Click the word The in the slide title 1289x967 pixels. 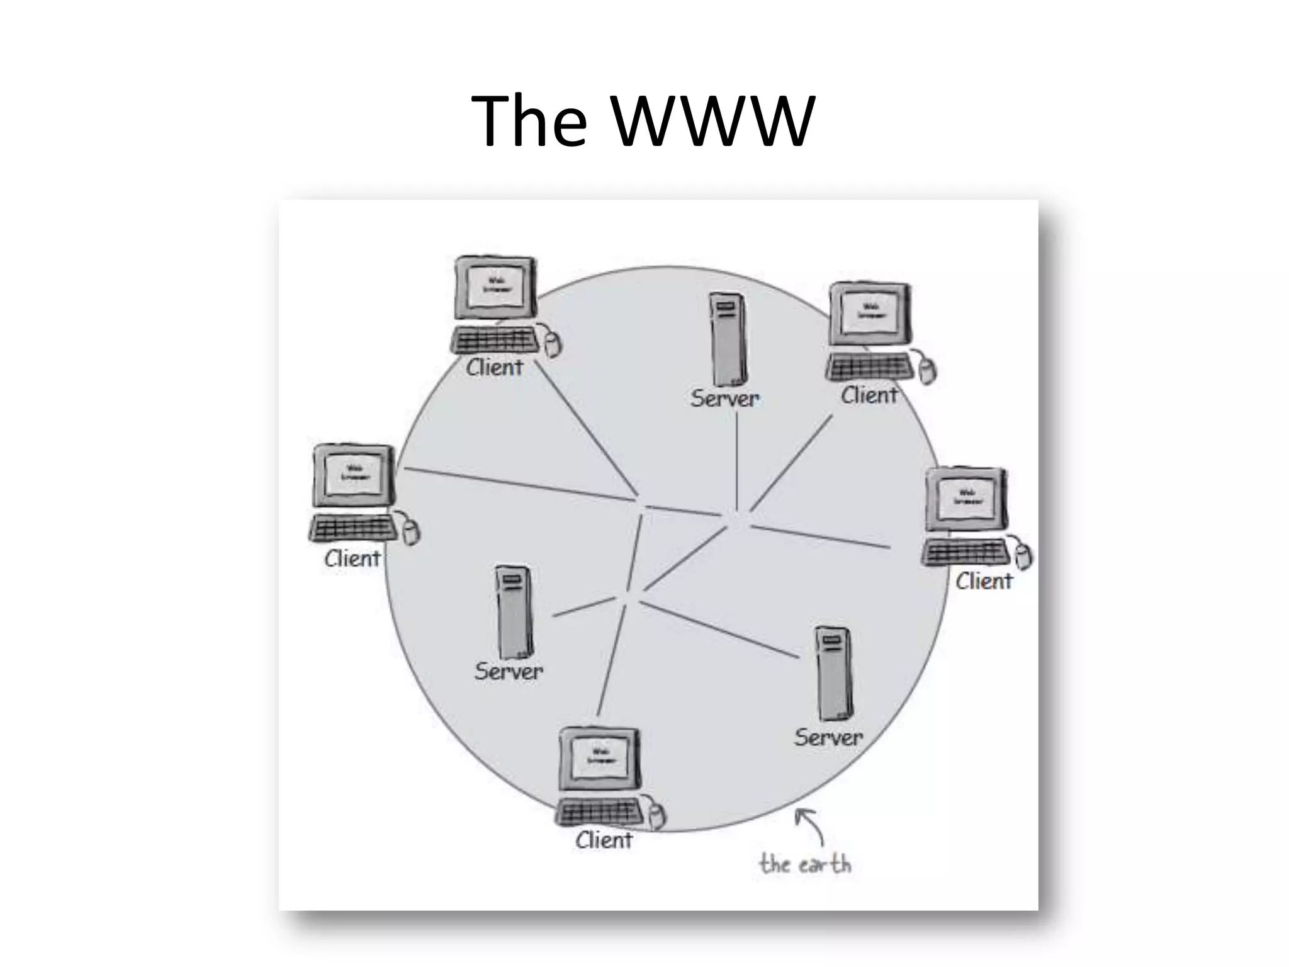coord(529,121)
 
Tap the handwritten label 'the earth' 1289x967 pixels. coord(804,864)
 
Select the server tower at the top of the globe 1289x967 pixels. coord(728,339)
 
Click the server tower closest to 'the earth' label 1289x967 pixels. coord(834,674)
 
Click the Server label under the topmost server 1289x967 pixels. coord(725,399)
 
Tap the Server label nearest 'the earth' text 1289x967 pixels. coord(828,737)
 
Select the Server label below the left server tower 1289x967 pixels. coord(509,671)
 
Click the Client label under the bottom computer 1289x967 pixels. coord(604,840)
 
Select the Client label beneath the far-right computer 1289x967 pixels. coord(984,580)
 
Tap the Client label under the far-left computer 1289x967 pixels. coord(352,558)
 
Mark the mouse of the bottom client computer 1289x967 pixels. coord(657,816)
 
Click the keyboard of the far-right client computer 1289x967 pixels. coord(965,553)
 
